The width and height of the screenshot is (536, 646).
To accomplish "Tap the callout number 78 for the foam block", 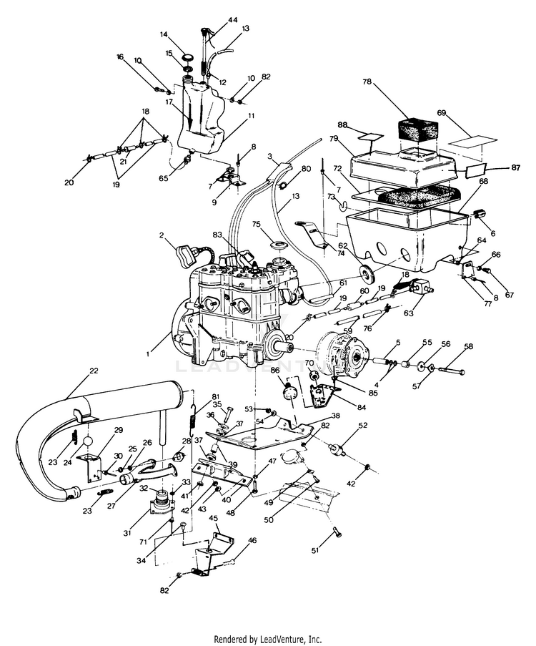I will point(367,82).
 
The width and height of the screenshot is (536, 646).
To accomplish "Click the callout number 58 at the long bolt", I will point(469,347).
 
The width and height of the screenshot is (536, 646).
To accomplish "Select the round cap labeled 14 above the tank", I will point(188,57).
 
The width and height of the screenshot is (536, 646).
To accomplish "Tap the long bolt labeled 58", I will point(450,372).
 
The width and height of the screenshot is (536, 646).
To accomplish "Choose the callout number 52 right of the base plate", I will point(363,425).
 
